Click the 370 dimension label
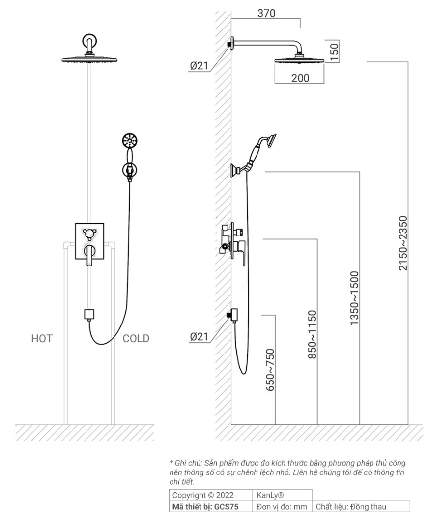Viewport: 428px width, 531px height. [266, 13]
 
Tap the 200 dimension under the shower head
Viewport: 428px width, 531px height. [300, 78]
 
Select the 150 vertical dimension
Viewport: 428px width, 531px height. [335, 51]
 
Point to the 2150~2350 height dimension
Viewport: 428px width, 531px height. [403, 243]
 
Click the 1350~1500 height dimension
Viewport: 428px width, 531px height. [354, 298]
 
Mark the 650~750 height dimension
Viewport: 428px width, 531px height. [270, 370]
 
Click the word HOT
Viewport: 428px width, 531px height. [42, 338]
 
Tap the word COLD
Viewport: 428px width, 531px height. [136, 338]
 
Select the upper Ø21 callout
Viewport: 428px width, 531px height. [200, 66]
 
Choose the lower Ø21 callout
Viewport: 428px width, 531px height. [200, 337]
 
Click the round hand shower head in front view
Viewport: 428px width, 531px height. [129, 141]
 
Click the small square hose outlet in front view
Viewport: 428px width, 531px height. [89, 314]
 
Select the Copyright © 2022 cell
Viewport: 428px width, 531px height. [203, 495]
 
